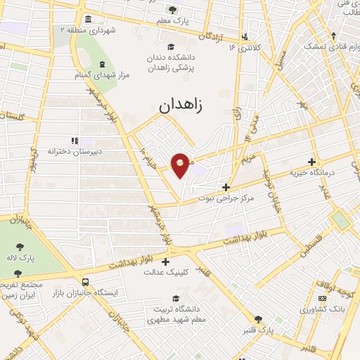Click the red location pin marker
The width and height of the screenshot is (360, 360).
tap(181, 165)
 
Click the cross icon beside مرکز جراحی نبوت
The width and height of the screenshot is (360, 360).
tap(225, 187)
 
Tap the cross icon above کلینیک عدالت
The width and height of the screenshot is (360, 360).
tap(167, 261)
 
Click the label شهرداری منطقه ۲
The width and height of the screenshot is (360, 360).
tap(87, 30)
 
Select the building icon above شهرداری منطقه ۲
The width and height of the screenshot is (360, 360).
tap(87, 19)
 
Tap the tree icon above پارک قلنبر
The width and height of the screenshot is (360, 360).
tap(258, 319)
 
